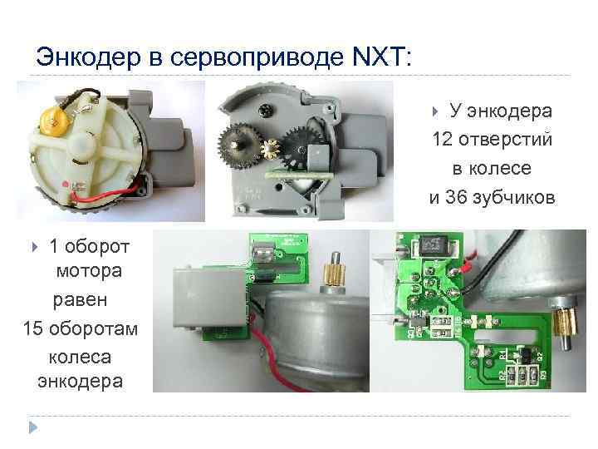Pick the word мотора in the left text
89,271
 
